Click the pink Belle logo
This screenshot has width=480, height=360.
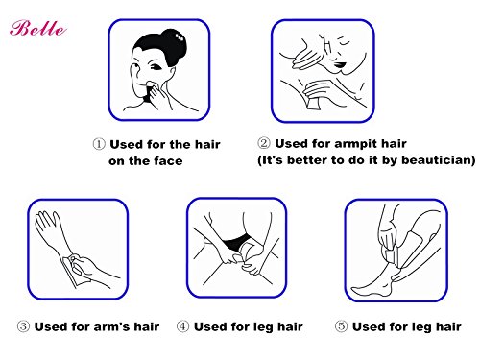[x=38, y=28]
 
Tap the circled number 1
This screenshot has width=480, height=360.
[x=99, y=144]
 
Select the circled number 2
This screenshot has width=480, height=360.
[x=264, y=143]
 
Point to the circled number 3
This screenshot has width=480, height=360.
[x=23, y=326]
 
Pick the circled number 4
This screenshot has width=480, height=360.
[x=182, y=326]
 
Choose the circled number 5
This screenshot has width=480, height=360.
[x=341, y=326]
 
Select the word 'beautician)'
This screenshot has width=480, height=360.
[x=439, y=159]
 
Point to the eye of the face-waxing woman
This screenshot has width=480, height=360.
[x=156, y=67]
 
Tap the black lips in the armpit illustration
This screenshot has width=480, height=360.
[x=340, y=65]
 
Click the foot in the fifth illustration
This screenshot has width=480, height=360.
[x=372, y=286]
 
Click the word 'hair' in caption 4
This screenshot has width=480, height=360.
[x=290, y=326]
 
